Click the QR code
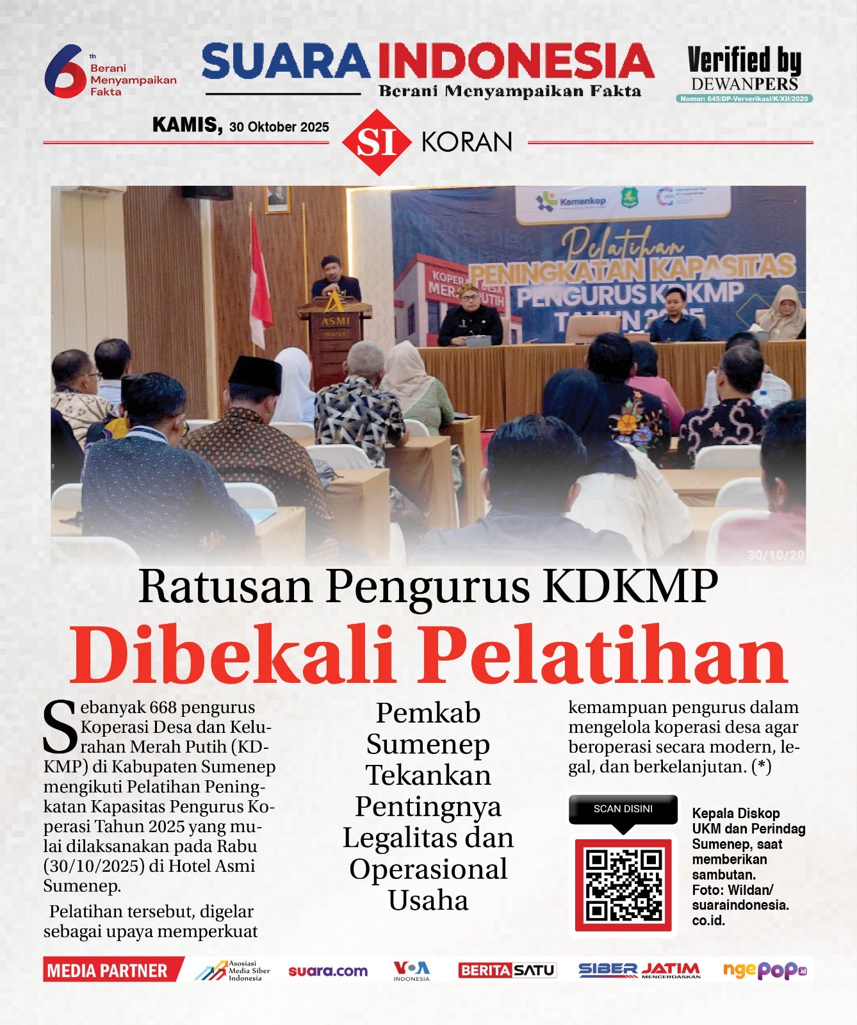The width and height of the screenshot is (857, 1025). tap(623, 884)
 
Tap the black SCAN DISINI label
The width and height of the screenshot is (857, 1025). tap(623, 809)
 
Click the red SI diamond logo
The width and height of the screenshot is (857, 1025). tap(376, 142)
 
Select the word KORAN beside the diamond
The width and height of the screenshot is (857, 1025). tap(467, 142)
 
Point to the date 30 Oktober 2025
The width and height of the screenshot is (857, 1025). tap(279, 127)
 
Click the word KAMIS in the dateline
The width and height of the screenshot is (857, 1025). tap(186, 125)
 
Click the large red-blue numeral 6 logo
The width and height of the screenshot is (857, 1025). tap(64, 70)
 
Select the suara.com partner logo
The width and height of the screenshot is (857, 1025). tap(328, 971)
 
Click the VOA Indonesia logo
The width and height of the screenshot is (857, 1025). tap(411, 971)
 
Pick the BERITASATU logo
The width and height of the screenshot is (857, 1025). tap(507, 971)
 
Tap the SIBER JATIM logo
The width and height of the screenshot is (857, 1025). tap(639, 971)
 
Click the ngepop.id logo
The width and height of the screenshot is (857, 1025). tap(764, 971)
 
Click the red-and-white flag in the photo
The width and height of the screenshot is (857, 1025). tap(259, 282)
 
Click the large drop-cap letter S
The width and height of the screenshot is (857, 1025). tap(60, 728)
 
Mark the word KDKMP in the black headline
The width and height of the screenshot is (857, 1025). tap(631, 586)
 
